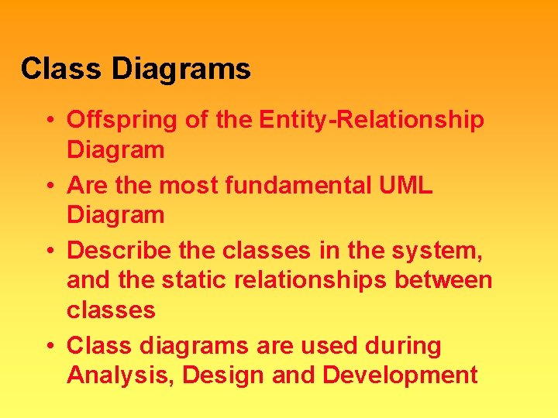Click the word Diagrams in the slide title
pyautogui.click(x=181, y=70)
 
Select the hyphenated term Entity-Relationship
pyautogui.click(x=372, y=120)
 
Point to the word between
pyautogui.click(x=444, y=279)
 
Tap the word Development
pyautogui.click(x=400, y=375)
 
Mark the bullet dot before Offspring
pyautogui.click(x=49, y=121)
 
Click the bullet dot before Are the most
pyautogui.click(x=49, y=186)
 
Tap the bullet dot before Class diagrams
pyautogui.click(x=49, y=346)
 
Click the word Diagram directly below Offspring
pyautogui.click(x=115, y=150)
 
